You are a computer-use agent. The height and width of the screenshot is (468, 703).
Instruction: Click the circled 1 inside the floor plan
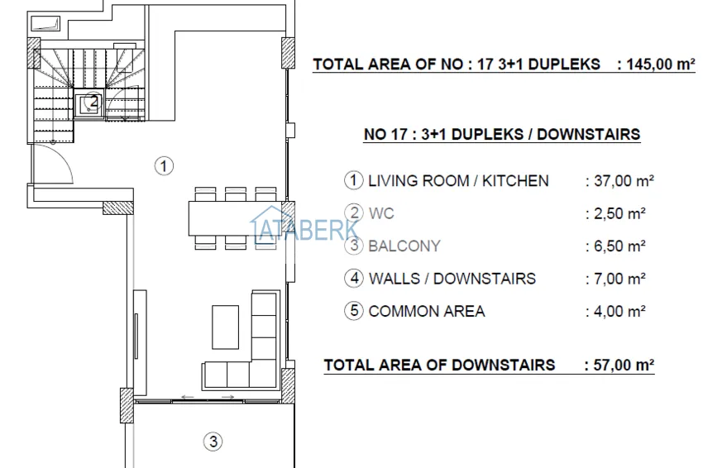tap(165, 165)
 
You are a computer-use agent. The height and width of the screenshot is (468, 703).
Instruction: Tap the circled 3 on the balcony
tap(213, 442)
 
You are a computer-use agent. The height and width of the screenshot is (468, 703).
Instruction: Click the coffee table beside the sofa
tap(225, 327)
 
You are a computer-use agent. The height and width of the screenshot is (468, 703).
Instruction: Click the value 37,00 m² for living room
tap(618, 180)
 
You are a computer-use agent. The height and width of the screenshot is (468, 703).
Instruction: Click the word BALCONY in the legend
tap(404, 246)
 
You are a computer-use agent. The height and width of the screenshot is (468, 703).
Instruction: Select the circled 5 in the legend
tap(354, 312)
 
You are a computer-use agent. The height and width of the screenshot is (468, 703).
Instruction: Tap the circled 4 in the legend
tap(354, 279)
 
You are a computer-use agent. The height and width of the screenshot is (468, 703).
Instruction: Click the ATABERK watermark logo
tap(306, 228)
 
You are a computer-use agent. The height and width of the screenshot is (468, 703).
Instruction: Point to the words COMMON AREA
tap(427, 312)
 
